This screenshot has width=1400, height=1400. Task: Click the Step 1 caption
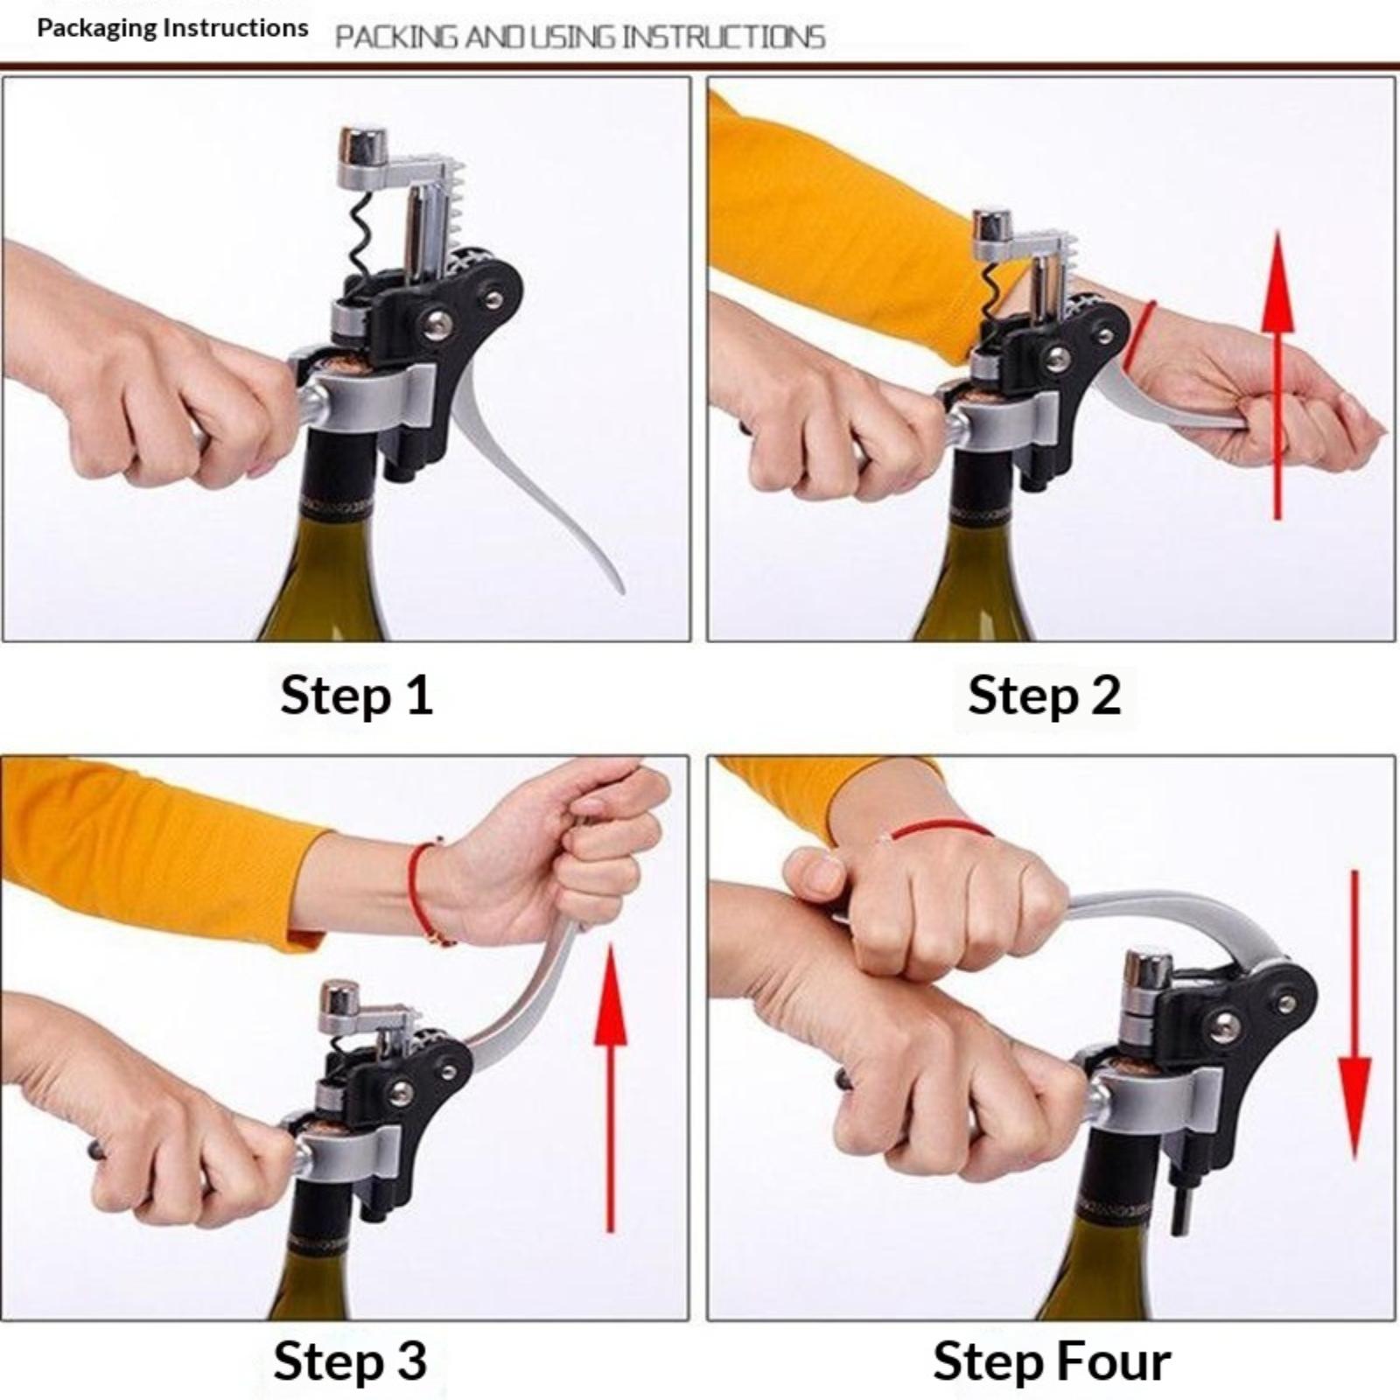pyautogui.click(x=357, y=696)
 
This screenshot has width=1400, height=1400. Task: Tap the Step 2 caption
pyautogui.click(x=1044, y=696)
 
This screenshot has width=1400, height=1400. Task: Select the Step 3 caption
pyautogui.click(x=350, y=1361)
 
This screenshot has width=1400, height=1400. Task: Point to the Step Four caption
pyautogui.click(x=1052, y=1361)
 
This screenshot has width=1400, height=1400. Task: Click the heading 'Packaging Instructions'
pyautogui.click(x=172, y=28)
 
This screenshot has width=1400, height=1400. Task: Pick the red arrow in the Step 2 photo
pyautogui.click(x=1278, y=374)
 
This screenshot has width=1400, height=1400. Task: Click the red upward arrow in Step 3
pyautogui.click(x=610, y=1090)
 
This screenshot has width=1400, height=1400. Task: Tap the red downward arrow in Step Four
pyautogui.click(x=1354, y=1015)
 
